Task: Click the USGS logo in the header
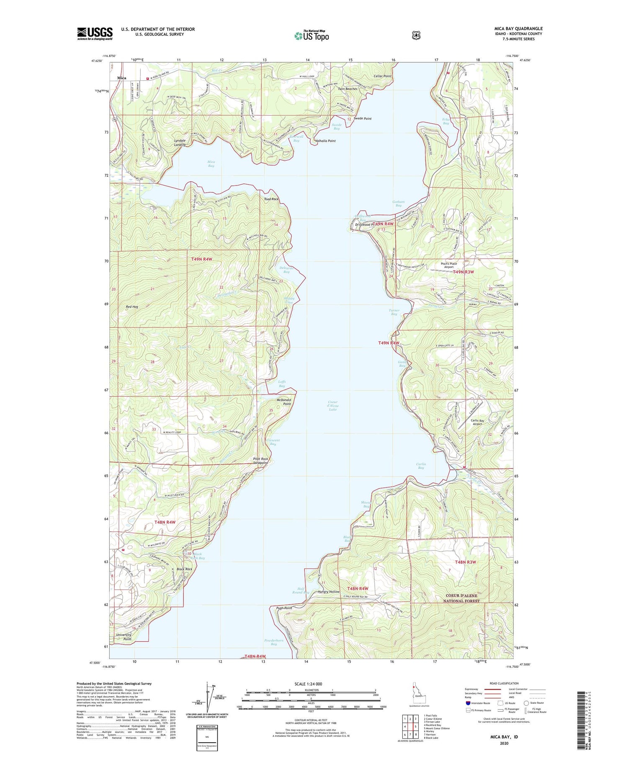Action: [x=95, y=33]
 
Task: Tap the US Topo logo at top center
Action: [x=311, y=36]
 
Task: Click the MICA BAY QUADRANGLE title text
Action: [x=518, y=28]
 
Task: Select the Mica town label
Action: [x=121, y=78]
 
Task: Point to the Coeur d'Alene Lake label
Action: [x=333, y=405]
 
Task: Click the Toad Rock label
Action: [x=271, y=199]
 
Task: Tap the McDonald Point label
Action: [x=284, y=402]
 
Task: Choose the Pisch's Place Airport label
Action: [x=449, y=265]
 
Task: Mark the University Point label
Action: [x=124, y=637]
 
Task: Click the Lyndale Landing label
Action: [x=180, y=142]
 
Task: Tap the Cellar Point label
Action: [x=382, y=76]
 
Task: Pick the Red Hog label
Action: [x=132, y=307]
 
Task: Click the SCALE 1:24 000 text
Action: [x=311, y=684]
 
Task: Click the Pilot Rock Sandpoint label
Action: [x=260, y=461]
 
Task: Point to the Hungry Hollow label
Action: [x=329, y=592]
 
